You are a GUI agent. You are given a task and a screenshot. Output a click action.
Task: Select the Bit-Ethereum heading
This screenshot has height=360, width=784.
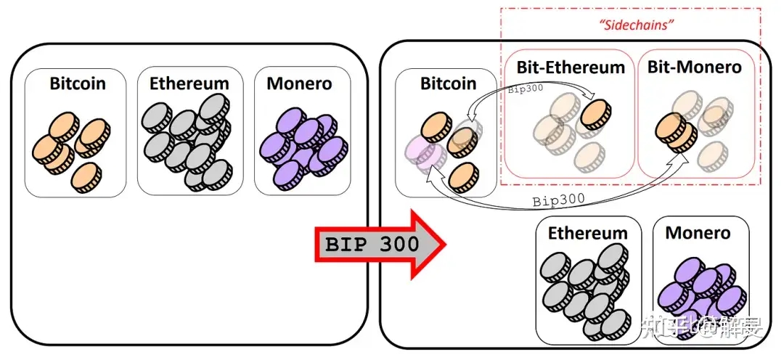[571, 67]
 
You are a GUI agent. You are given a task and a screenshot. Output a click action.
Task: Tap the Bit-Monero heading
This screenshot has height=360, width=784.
[693, 67]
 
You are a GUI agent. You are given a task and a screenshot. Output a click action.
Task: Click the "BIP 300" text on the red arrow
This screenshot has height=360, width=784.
[372, 244]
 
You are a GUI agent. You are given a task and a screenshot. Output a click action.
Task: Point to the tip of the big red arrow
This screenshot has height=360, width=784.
[444, 244]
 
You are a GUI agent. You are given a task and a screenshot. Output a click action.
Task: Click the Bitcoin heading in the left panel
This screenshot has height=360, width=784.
[78, 83]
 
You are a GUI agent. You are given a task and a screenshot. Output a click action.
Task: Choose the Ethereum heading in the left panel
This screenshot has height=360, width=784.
[189, 83]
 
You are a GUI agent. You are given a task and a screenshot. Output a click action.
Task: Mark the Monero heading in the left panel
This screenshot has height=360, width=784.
[299, 83]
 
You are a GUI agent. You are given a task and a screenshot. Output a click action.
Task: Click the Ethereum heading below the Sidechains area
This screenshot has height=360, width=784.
[588, 233]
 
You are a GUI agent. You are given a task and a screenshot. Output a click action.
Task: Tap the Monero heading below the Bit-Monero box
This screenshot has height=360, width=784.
[698, 233]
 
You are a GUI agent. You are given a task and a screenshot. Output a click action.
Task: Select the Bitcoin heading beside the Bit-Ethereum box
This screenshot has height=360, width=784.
[448, 83]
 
